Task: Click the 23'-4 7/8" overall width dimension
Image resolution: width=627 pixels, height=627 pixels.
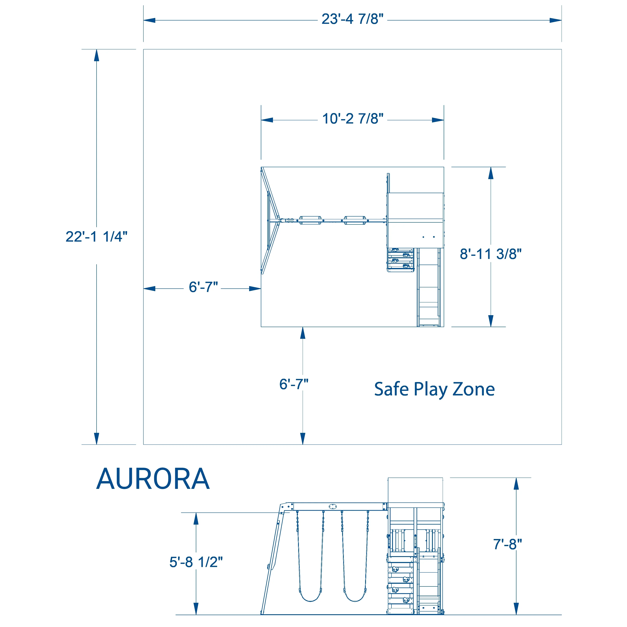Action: pos(352,19)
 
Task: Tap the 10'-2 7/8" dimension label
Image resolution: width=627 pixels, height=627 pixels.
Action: pos(352,119)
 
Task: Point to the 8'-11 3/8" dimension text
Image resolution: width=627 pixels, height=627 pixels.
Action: pos(490,254)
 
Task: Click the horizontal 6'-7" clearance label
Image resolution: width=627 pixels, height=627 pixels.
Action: pos(203,287)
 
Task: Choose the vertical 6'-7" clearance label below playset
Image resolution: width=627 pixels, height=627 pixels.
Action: pos(294,384)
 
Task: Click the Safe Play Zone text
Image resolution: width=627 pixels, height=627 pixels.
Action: pos(434,389)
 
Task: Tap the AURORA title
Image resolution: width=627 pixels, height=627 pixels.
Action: pos(153,479)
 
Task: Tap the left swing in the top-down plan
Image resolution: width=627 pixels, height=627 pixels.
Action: pos(310,220)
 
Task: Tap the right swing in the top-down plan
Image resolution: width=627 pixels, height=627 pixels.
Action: pos(355,220)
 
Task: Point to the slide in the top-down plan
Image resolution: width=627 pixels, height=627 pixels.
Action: pos(429,287)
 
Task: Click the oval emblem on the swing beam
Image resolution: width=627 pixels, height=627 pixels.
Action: pos(333,507)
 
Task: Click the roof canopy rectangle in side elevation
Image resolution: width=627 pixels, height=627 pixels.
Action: pos(415,490)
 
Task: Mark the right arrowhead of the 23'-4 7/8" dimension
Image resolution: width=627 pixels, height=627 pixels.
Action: pos(556,20)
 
